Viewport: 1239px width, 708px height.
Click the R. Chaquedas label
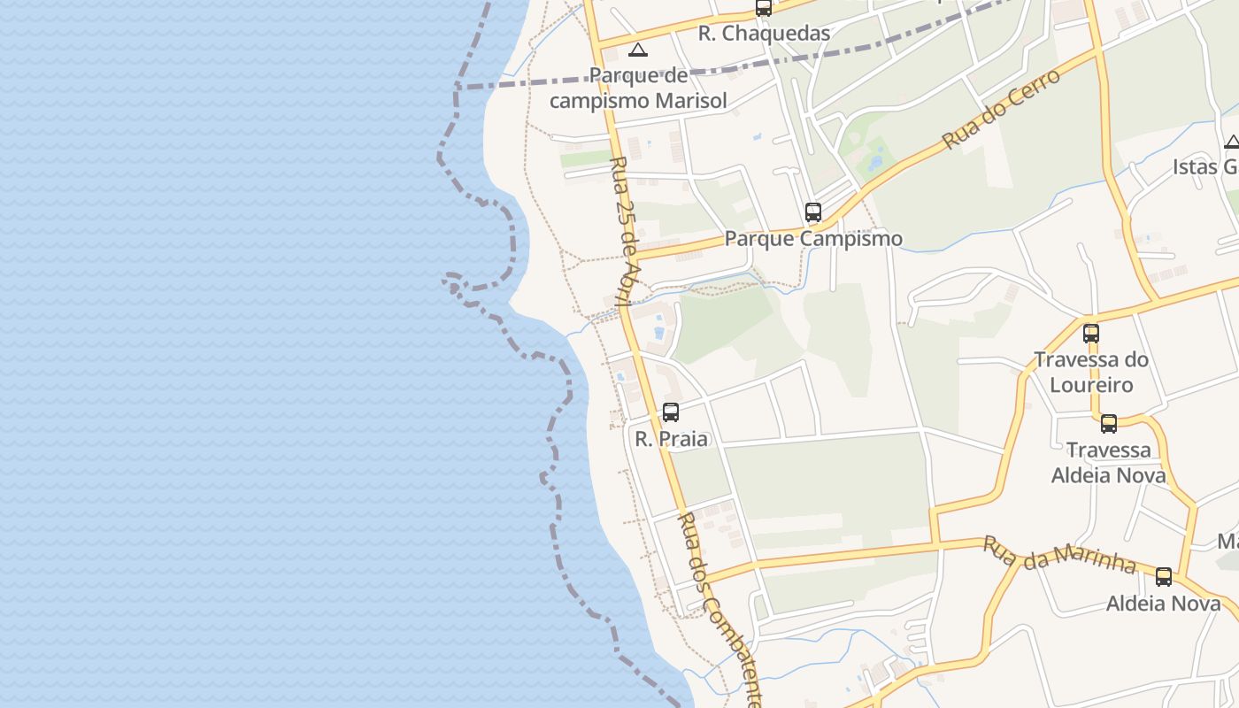pos(764,34)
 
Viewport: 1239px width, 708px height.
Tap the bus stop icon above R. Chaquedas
pos(763,8)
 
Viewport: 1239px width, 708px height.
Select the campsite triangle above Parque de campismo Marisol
pos(637,50)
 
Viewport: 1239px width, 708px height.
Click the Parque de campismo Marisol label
pos(638,88)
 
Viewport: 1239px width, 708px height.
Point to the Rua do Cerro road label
pos(1001,109)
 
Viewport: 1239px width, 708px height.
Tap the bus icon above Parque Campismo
pos(812,212)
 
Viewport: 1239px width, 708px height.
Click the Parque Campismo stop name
pos(813,239)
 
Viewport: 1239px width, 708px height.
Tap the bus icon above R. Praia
pos(671,412)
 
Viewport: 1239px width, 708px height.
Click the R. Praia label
pos(672,439)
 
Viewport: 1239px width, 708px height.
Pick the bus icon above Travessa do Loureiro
pos(1091,334)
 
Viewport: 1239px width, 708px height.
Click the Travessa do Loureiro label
pos(1091,373)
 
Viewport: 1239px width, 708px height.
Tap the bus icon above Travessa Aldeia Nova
pos(1108,424)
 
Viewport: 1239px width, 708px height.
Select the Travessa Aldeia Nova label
pos(1108,463)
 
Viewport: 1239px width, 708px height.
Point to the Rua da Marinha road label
pos(1058,555)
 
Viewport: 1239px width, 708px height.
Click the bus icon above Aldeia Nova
pos(1163,577)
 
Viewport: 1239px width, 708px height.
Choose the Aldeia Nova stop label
pos(1163,604)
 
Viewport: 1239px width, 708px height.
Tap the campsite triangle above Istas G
pos(1232,142)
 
